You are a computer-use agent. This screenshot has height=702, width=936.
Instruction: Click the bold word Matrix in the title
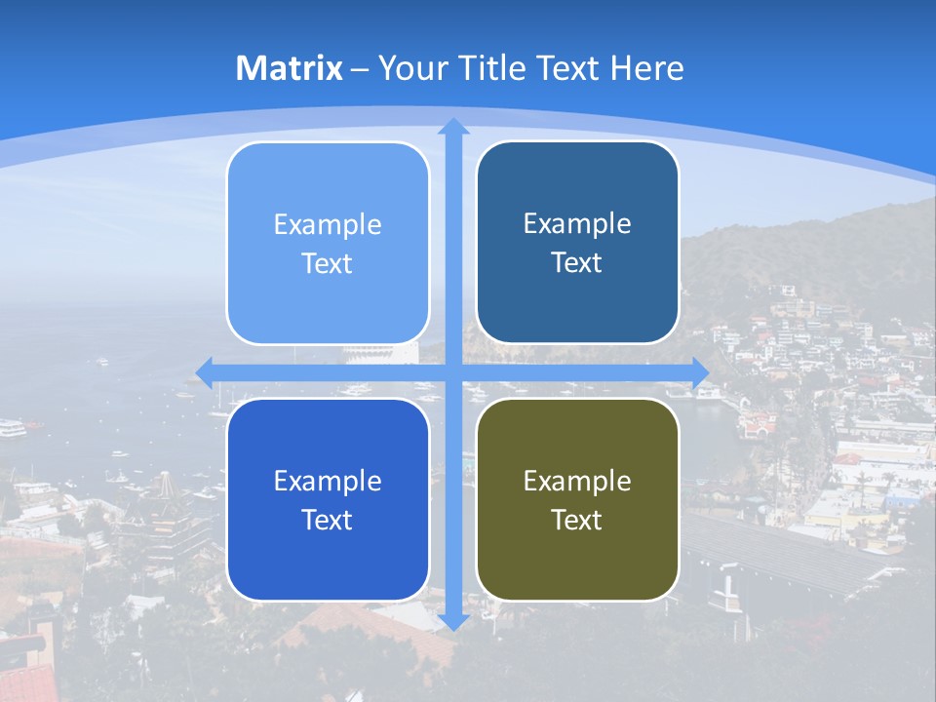click(290, 68)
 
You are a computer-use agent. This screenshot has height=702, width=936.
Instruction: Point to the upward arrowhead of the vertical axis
click(453, 127)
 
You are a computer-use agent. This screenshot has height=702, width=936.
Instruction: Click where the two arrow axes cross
click(453, 371)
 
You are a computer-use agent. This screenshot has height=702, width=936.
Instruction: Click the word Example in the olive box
click(577, 481)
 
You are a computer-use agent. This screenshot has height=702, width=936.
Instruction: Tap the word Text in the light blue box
click(328, 263)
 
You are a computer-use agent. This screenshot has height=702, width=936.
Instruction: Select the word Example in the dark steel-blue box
click(577, 223)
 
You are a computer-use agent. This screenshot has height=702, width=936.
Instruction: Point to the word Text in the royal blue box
click(328, 520)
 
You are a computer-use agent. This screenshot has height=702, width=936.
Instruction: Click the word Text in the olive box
click(577, 520)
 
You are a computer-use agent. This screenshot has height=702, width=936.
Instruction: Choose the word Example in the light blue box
click(328, 224)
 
